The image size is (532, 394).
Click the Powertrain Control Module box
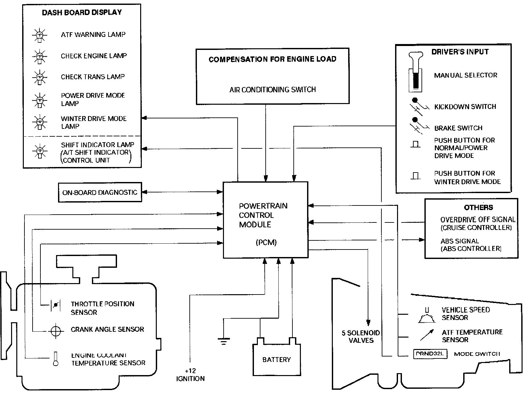coord(265,220)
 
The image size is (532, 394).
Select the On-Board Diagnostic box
coord(100,192)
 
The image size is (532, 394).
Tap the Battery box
coord(276,359)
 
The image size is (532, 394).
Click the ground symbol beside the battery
coord(223,341)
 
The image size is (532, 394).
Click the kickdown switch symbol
coord(416,106)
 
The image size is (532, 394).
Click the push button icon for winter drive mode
coord(415,176)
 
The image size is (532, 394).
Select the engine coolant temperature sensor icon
coord(56,359)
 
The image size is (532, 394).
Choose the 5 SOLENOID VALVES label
coord(361,337)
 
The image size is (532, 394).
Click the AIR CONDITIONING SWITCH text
coord(273,89)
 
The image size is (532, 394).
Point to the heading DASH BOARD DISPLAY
coord(82,13)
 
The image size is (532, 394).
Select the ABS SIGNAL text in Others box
coord(460,241)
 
